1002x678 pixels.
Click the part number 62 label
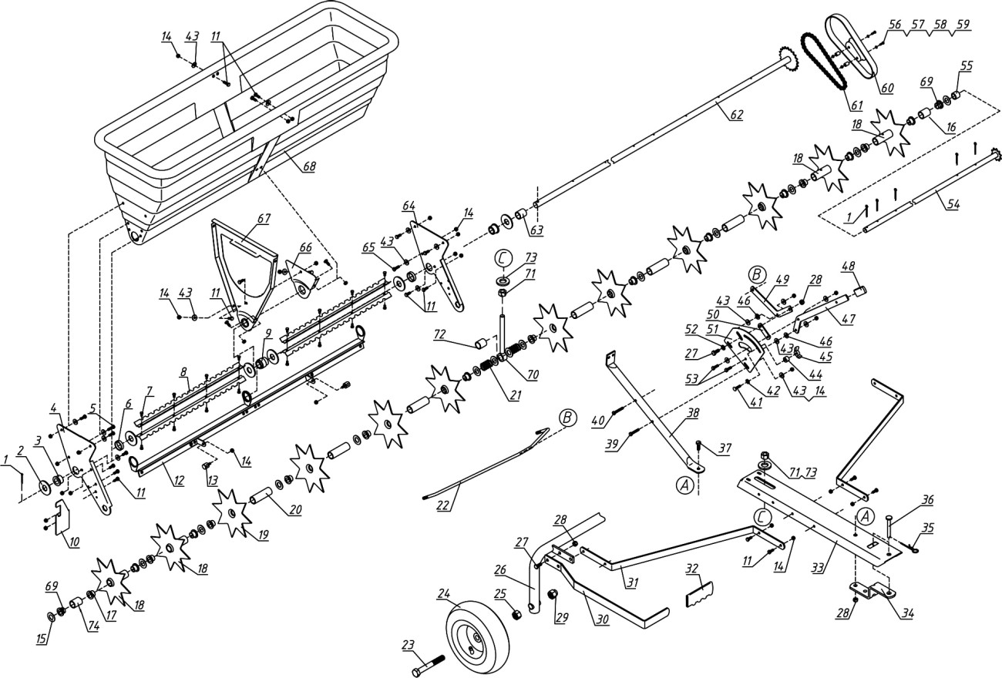[736, 115]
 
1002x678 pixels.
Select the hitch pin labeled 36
[890, 532]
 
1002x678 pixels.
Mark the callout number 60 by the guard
[886, 87]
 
